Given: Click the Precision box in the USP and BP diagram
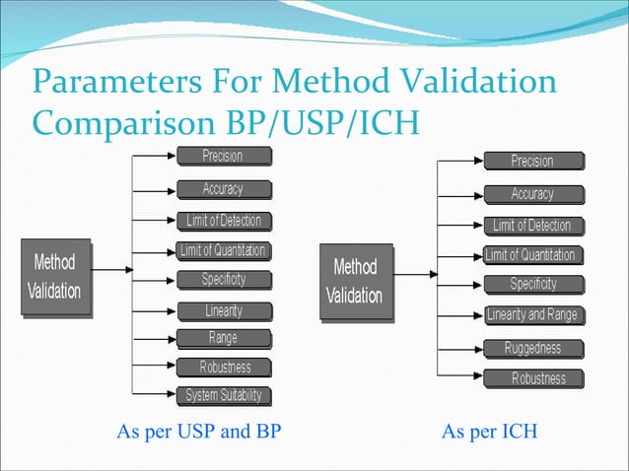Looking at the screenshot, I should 222,156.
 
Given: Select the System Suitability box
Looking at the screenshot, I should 224,396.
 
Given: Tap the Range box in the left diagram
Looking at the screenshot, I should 222,338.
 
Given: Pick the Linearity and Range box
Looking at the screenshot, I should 532,315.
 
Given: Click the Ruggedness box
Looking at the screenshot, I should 532,348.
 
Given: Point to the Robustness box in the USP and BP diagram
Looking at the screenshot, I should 225,368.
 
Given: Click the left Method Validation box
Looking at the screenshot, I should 57,278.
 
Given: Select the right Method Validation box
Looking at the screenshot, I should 355,281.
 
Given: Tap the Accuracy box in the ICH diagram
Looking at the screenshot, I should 532,194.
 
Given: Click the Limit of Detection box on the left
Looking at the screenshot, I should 224,220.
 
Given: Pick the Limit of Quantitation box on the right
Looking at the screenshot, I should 530,255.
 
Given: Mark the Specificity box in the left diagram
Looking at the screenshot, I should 223,280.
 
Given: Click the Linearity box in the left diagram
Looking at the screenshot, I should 223,310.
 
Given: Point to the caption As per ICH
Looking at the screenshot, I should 489,432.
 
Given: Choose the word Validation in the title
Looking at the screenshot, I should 464,82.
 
